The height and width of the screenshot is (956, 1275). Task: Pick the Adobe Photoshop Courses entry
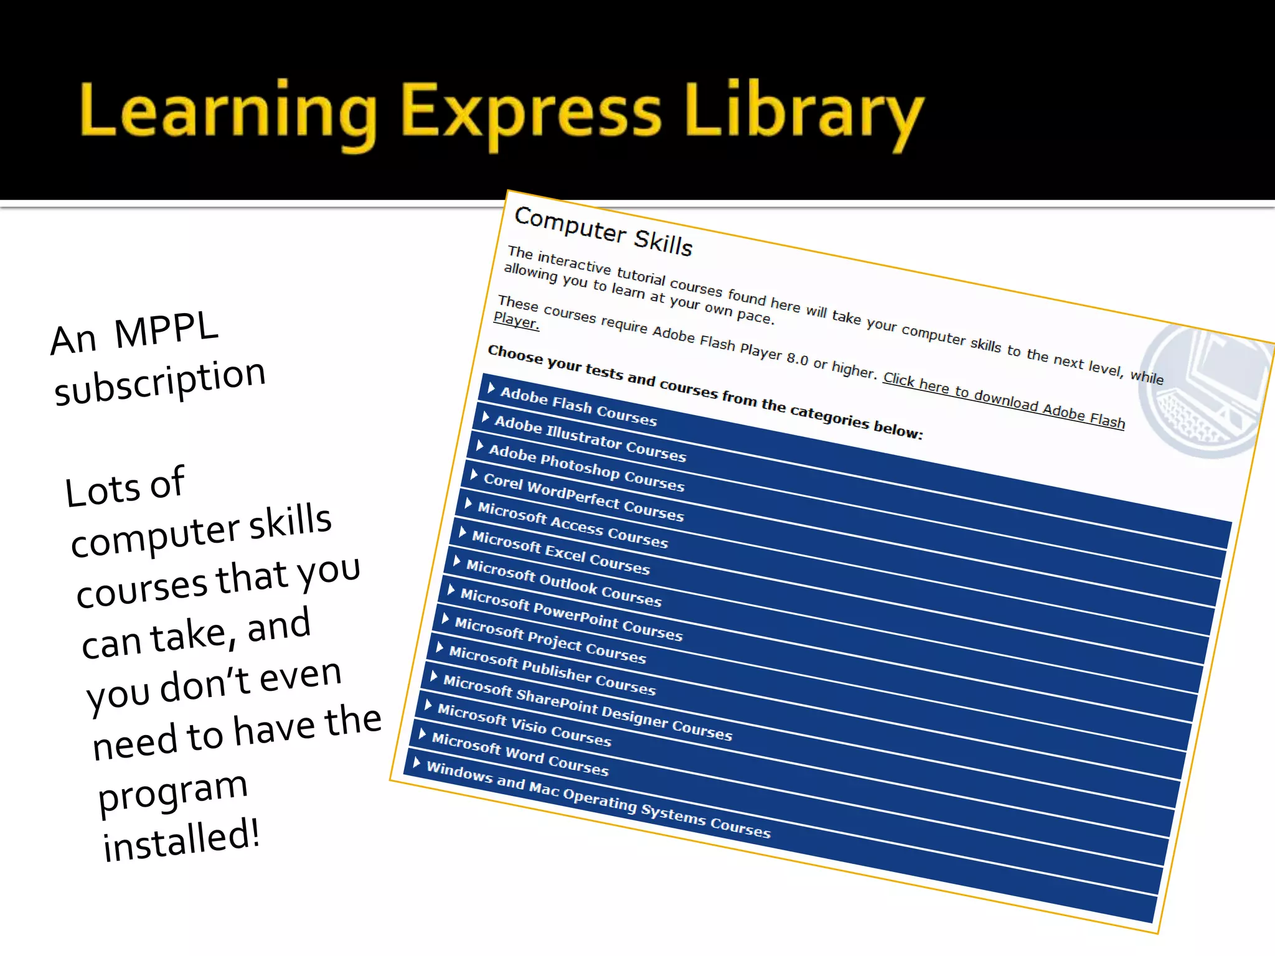tap(586, 468)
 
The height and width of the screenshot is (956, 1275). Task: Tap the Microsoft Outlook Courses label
tap(563, 583)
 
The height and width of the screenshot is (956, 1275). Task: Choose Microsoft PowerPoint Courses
tap(572, 614)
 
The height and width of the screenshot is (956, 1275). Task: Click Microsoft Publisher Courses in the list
tap(552, 671)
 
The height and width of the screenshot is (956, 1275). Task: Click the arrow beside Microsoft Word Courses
tap(423, 734)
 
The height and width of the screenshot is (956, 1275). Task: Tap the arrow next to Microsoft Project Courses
tap(445, 619)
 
